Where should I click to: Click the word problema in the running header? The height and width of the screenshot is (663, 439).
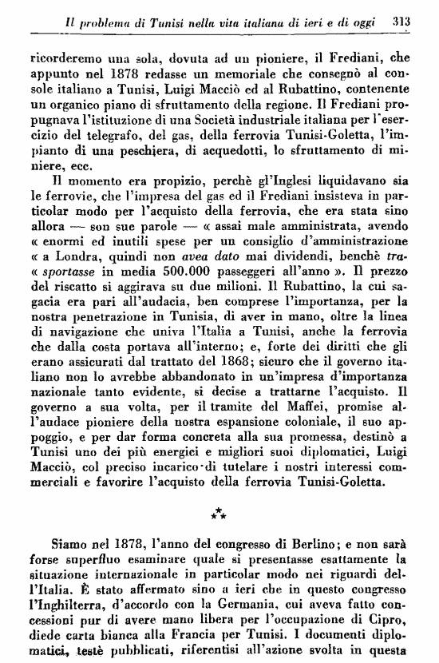(x=105, y=25)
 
